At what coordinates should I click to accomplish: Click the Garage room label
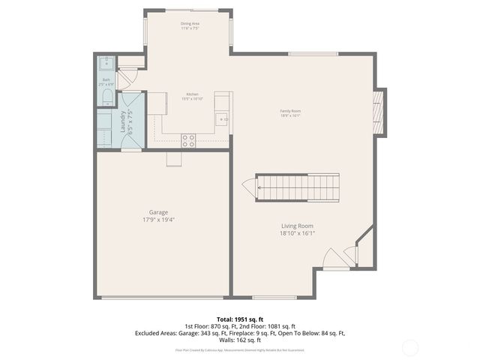coord(157,212)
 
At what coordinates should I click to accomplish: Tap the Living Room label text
coord(297,226)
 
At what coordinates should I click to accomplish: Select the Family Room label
coord(290,111)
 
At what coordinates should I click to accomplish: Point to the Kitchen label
coord(193,94)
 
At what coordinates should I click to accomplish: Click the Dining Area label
coord(190,24)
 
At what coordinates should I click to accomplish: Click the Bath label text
coord(106,79)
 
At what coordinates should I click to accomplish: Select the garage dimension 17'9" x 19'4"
coord(157,220)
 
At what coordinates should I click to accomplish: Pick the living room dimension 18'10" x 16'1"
coord(297,233)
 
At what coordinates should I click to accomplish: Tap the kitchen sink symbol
coord(222,119)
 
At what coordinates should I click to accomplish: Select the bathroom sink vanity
coord(106,63)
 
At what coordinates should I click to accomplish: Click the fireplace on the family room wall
coord(380,112)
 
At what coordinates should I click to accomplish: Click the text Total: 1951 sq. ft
coord(239,318)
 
